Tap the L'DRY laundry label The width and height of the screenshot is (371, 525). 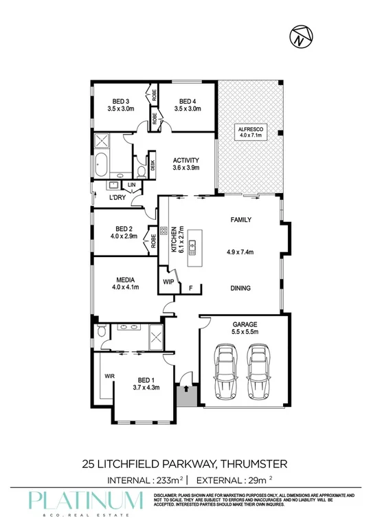click(x=117, y=198)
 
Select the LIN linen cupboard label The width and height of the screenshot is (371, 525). click(x=130, y=185)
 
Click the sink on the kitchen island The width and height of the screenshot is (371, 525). click(x=194, y=244)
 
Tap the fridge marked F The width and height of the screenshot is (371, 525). click(x=190, y=288)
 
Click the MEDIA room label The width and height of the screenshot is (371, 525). click(x=125, y=280)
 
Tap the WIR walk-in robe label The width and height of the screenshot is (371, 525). click(x=109, y=376)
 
